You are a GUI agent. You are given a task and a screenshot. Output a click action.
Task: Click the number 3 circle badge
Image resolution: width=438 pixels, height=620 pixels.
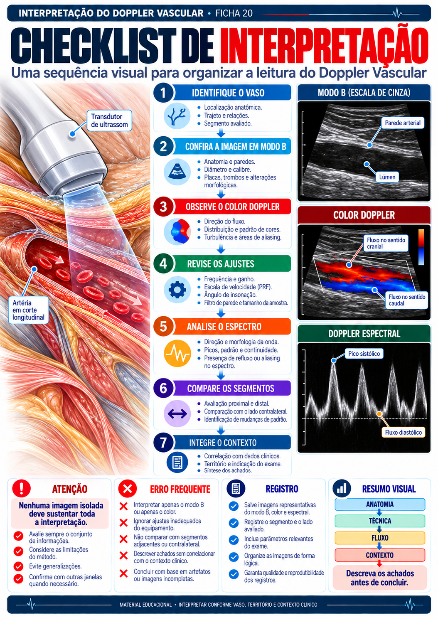coord(163,207)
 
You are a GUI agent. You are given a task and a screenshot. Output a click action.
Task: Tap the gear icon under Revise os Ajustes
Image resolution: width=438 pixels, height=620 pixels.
coord(177,290)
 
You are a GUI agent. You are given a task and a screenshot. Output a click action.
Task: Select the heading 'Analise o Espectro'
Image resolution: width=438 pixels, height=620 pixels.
coord(224,327)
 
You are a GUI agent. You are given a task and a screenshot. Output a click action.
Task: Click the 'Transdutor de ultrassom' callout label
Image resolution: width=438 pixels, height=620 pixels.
coord(109,121)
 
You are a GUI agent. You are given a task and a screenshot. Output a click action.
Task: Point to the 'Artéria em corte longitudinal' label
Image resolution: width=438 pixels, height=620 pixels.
coord(28,310)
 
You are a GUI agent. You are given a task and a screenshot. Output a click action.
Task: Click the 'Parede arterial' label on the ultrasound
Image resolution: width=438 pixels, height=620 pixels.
coord(403,123)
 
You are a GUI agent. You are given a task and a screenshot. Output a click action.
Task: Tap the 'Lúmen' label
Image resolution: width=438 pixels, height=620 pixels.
coord(387,177)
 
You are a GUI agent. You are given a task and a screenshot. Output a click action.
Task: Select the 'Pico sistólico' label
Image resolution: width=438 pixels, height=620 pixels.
coord(364,354)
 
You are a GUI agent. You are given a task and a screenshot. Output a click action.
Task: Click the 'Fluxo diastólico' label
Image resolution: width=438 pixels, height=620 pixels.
coord(403,432)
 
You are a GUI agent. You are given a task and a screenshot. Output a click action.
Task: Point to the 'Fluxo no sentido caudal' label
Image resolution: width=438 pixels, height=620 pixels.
coord(406,300)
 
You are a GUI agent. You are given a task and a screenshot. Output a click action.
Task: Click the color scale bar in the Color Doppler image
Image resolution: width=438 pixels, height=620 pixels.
coord(421,247)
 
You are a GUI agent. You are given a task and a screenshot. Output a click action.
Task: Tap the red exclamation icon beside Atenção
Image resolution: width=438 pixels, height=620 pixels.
coord(21,489)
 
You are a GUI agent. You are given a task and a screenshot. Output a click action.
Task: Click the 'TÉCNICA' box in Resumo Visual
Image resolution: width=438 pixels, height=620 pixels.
coord(379,521)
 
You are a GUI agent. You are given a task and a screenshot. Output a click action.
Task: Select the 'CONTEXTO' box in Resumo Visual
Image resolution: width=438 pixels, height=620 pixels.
coord(379,555)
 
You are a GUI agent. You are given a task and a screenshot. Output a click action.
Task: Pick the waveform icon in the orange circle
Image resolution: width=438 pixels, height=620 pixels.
coord(177,353)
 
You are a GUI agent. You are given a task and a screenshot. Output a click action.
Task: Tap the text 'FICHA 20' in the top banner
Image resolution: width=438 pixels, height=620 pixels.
coord(234,13)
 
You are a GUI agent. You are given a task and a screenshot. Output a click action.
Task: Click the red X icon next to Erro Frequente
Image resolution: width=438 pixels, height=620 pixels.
coord(128,489)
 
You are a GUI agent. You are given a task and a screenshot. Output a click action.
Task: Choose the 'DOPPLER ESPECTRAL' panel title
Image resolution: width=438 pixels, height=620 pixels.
coord(364,334)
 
